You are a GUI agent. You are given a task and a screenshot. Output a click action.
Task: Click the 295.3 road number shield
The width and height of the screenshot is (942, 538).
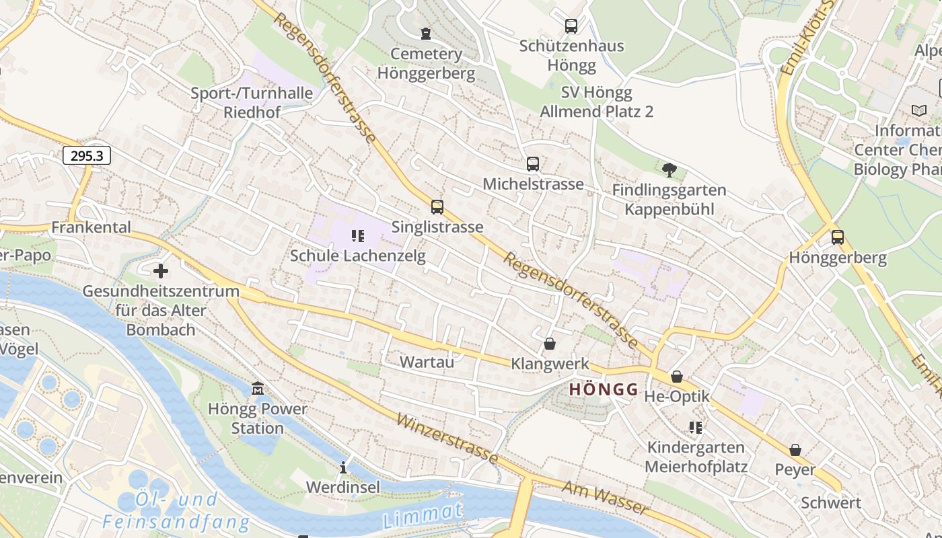[87, 156]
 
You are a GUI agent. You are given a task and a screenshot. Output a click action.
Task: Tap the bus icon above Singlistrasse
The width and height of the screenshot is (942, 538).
[437, 207]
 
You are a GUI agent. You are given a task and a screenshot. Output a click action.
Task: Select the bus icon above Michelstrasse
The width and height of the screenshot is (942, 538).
[533, 164]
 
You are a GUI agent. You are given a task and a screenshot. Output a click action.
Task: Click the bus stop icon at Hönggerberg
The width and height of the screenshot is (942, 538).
[838, 237]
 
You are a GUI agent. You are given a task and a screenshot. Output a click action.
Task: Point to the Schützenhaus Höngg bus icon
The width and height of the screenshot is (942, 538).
[571, 26]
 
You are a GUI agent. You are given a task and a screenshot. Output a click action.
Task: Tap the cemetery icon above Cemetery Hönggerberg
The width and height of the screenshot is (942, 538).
[425, 34]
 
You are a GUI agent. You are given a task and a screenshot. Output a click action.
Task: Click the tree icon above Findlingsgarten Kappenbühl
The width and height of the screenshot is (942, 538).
[669, 170]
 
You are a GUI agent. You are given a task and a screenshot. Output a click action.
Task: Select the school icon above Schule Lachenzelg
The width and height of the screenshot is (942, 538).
[358, 236]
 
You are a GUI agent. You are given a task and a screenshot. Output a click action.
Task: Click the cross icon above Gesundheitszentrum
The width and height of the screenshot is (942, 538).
[161, 272]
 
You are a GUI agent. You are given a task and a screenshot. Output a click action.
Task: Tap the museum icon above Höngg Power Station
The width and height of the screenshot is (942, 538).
[258, 389]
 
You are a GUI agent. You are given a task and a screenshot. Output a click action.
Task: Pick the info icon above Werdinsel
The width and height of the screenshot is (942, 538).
[343, 467]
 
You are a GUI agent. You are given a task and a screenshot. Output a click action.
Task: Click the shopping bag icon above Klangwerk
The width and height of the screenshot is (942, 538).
[550, 344]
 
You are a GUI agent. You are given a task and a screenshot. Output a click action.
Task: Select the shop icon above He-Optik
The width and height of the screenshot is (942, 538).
[677, 377]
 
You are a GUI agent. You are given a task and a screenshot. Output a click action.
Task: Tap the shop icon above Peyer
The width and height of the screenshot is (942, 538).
[795, 450]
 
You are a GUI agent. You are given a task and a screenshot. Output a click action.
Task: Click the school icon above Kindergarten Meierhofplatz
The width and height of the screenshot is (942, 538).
[696, 428]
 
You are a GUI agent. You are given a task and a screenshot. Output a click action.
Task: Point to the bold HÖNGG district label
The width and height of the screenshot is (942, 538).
[604, 389]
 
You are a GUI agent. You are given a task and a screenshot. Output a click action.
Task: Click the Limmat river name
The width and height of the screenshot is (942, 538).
[423, 515]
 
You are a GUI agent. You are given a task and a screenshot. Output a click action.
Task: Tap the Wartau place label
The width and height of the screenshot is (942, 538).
[427, 362]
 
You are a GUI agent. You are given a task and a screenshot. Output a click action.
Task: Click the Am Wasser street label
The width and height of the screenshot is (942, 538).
[605, 498]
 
